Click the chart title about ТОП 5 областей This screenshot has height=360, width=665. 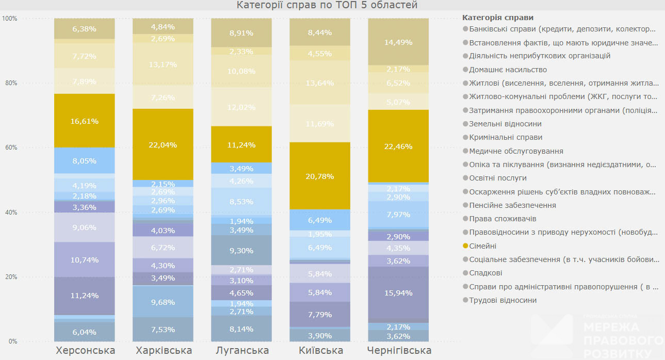point(327,5)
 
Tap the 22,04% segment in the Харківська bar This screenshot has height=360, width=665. point(163,145)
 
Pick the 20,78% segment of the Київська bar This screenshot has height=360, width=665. point(320,176)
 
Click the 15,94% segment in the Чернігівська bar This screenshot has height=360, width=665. point(398,293)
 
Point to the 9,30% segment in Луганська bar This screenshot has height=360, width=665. point(241,251)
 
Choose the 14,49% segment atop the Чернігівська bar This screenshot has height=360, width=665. point(398,42)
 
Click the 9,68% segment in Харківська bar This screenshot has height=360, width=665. point(163,302)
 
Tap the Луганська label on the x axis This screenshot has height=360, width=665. point(241,351)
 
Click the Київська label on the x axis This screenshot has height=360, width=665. point(321,351)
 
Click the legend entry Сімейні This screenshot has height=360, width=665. point(482,246)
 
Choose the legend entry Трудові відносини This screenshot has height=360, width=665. point(502,300)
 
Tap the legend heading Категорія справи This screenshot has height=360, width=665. point(498,18)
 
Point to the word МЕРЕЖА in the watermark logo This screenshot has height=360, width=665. point(611,327)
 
